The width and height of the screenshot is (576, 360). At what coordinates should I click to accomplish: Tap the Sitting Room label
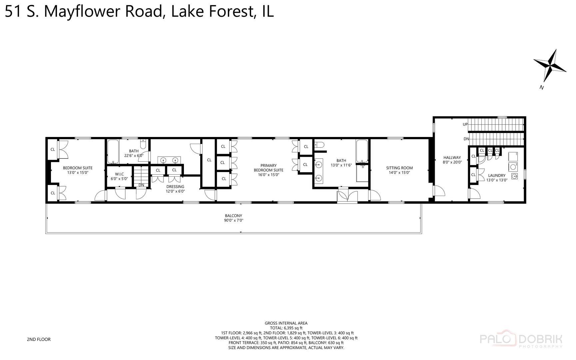(399, 170)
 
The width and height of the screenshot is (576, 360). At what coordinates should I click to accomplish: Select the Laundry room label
(496, 177)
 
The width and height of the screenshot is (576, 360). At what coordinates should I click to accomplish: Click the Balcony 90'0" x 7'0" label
(233, 218)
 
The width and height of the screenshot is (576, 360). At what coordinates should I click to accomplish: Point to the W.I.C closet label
(119, 176)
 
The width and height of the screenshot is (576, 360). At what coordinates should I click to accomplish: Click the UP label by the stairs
(465, 124)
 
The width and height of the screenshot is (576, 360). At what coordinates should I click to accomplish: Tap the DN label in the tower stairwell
(466, 139)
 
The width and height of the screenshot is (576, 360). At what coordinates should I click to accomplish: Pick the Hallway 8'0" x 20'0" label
(452, 160)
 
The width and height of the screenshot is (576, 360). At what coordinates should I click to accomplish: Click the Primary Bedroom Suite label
(268, 170)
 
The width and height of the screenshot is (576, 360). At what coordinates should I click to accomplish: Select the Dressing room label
(175, 189)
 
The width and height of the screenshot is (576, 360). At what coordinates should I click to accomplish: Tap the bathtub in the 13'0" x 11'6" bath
(362, 151)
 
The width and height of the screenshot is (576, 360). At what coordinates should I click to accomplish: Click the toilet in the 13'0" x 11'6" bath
(319, 145)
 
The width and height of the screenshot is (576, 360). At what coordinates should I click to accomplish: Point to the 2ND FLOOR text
(39, 339)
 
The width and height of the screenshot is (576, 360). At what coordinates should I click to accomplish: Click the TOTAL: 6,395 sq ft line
(286, 328)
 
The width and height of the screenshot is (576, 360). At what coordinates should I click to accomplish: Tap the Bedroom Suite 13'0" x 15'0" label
(78, 170)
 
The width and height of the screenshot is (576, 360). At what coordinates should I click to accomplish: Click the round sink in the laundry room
(514, 176)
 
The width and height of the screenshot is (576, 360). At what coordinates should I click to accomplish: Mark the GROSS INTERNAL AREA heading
(286, 323)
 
